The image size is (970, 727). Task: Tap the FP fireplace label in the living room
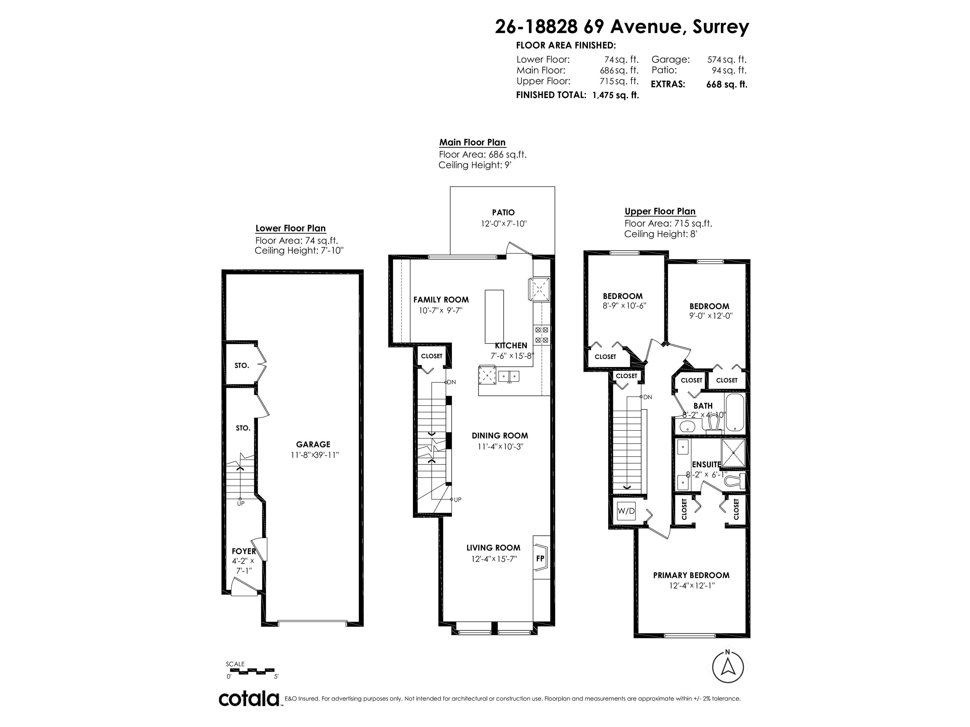pos(540,559)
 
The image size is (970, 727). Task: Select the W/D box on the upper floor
pos(626,511)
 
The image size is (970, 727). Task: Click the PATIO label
pos(503,213)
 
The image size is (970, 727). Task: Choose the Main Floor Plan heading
pos(472,142)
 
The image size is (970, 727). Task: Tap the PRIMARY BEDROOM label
pos(691,575)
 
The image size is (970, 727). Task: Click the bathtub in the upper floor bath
pos(734,413)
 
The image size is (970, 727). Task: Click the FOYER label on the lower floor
pos(243,551)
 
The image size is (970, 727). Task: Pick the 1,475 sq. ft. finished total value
pos(615,95)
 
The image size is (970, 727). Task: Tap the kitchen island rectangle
pos(494,316)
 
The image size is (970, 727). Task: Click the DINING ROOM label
pos(500,435)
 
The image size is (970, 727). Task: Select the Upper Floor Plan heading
pos(660,211)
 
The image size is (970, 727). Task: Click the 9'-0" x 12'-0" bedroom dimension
pos(711,316)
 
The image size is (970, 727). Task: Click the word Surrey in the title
pos(721,27)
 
